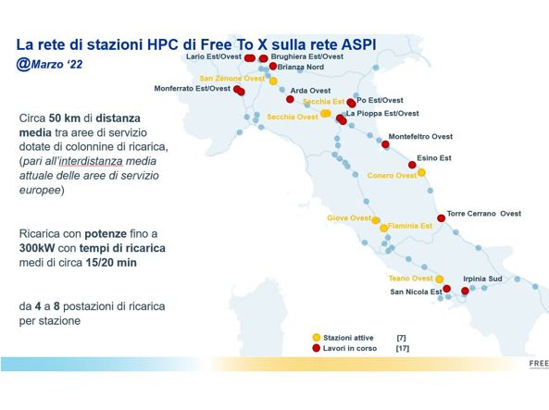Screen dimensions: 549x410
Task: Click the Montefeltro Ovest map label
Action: (420, 137)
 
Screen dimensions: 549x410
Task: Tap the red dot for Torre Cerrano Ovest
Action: (442, 218)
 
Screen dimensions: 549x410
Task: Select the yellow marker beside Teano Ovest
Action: (440, 280)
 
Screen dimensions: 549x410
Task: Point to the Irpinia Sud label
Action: (482, 279)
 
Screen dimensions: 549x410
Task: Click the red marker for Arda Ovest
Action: (290, 99)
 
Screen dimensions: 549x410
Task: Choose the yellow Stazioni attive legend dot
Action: (317, 338)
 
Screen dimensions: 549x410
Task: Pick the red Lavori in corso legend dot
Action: (317, 348)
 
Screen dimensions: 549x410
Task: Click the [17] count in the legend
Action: (403, 348)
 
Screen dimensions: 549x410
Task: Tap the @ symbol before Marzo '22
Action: (23, 65)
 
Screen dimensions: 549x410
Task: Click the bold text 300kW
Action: (37, 248)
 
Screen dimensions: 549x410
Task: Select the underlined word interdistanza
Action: (91, 161)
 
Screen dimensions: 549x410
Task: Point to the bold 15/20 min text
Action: (111, 263)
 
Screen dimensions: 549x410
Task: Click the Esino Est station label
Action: (434, 158)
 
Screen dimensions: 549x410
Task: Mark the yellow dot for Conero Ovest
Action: (421, 173)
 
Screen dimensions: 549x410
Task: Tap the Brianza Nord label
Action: (300, 67)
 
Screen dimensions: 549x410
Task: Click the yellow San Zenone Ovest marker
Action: (273, 81)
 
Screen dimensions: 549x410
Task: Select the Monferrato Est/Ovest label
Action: (193, 89)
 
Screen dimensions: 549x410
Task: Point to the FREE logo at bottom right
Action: (539, 364)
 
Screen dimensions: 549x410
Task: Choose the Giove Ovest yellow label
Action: (349, 217)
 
